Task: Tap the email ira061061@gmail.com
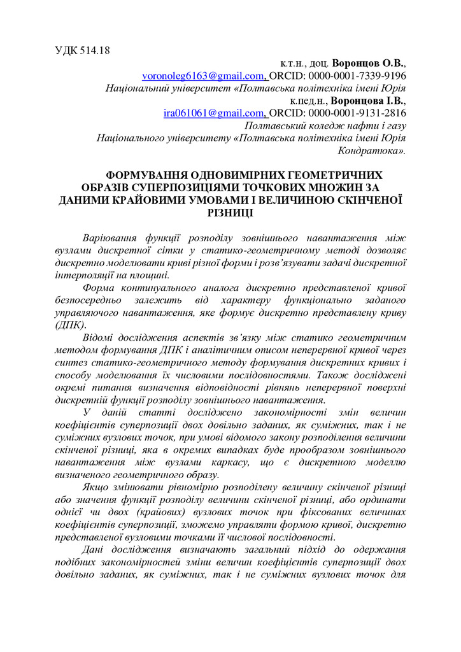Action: pyautogui.click(x=214, y=113)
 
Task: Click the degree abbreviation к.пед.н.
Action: pyautogui.click(x=309, y=101)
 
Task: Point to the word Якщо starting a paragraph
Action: pyautogui.click(x=97, y=487)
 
